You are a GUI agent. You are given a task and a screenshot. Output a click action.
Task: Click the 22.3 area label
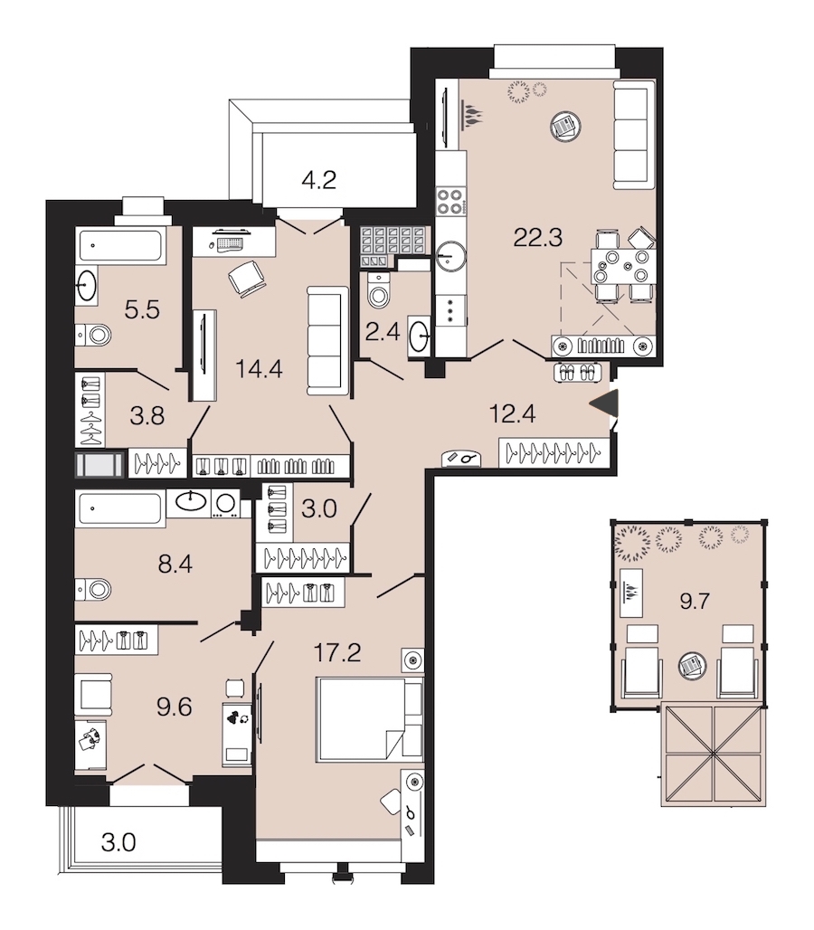[x=537, y=237]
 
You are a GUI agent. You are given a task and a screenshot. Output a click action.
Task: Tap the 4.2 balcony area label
[x=319, y=179]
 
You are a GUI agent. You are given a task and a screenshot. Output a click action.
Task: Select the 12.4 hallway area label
[x=512, y=413]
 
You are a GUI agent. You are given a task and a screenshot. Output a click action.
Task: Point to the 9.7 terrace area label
[x=695, y=602]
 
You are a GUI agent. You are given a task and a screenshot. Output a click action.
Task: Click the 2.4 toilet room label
[x=383, y=331]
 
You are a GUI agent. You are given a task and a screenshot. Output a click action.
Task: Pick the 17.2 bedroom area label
[x=336, y=652]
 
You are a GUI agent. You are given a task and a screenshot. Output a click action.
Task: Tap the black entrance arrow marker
[x=604, y=403]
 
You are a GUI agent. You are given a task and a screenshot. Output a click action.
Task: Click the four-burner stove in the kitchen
[x=450, y=201]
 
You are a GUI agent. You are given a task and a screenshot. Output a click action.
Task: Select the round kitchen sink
[x=451, y=257]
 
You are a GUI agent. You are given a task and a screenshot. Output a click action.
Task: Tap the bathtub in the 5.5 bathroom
[x=120, y=245]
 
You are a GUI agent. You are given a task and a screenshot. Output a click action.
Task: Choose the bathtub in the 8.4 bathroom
[x=119, y=509]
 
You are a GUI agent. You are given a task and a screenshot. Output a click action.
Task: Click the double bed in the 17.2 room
[x=369, y=718]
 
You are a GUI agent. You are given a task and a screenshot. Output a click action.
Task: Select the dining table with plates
[x=622, y=267]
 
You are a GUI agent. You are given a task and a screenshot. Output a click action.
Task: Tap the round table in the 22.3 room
[x=565, y=126]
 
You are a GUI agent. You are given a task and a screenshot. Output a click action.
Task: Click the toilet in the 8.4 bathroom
[x=94, y=590]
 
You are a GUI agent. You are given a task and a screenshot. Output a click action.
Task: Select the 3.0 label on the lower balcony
[x=118, y=842]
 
